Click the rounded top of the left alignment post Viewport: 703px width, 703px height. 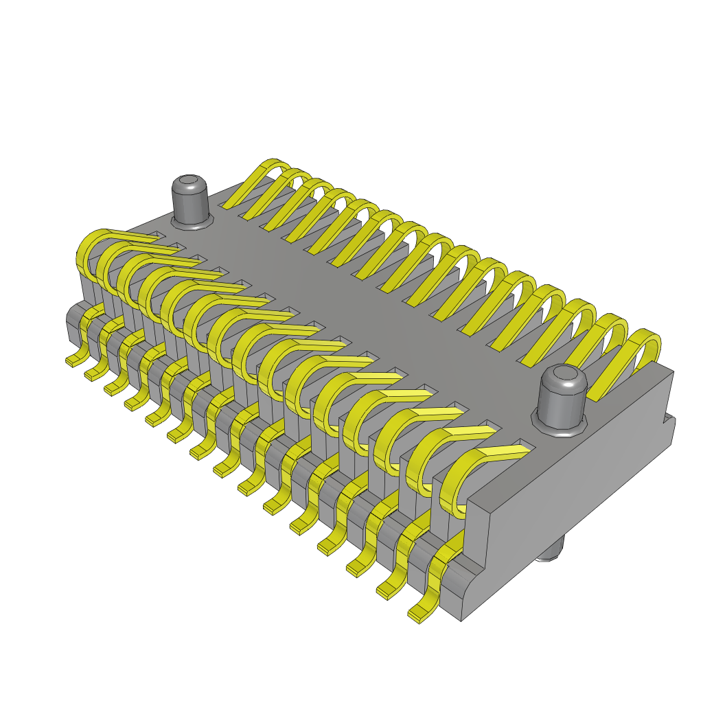click(x=189, y=184)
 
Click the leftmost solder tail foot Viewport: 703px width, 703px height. click(x=71, y=361)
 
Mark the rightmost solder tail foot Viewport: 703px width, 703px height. click(x=416, y=614)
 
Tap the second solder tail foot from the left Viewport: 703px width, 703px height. click(x=90, y=376)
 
